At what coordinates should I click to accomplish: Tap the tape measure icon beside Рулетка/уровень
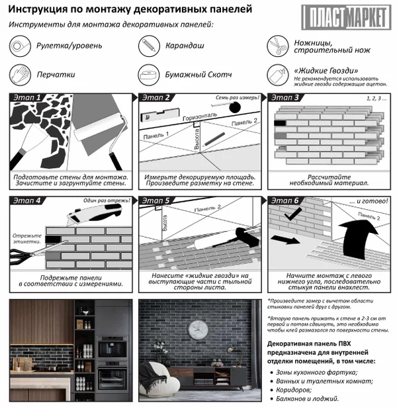(x=19, y=45)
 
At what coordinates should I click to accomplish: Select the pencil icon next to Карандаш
(x=147, y=45)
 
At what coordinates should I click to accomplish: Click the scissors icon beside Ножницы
(x=276, y=45)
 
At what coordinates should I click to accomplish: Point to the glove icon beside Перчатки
(x=19, y=74)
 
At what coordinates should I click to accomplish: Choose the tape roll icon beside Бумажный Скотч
(x=147, y=74)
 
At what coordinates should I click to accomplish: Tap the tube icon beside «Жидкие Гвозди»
(x=276, y=74)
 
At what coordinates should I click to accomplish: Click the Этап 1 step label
(x=28, y=97)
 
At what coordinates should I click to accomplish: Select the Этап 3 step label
(x=286, y=97)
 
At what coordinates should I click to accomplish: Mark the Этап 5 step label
(x=157, y=201)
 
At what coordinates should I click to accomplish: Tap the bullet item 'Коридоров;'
(x=295, y=390)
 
